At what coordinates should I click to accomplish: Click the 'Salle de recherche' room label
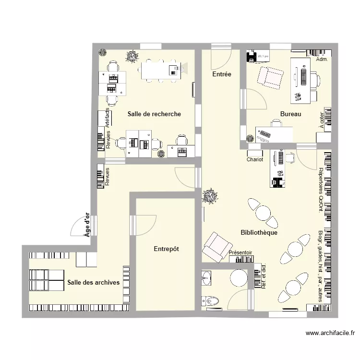154,114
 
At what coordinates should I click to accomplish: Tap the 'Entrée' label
222,74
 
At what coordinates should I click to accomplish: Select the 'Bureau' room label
290,114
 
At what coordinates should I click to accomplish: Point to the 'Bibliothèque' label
259,232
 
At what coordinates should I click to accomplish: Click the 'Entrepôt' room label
166,249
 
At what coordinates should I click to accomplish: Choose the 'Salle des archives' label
94,282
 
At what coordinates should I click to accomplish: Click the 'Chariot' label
255,159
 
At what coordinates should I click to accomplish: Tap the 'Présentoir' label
240,252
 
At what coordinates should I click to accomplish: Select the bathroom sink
206,277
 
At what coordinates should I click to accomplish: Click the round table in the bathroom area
238,278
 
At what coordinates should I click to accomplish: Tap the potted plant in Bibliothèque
209,196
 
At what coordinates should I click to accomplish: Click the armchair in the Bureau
270,77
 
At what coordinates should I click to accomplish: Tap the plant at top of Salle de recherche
131,57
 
